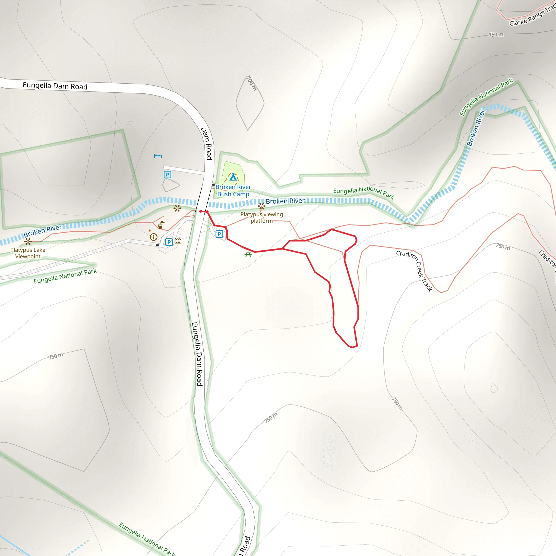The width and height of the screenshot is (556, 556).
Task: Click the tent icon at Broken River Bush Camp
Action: click(x=233, y=177)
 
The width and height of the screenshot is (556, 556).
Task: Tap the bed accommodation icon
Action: click(x=158, y=156)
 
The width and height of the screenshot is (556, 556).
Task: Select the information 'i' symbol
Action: click(x=154, y=237)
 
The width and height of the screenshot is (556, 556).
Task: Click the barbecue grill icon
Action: click(x=178, y=241)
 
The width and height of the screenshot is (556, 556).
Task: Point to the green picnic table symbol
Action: click(x=248, y=254)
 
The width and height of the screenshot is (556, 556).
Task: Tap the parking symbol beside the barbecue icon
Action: click(x=169, y=242)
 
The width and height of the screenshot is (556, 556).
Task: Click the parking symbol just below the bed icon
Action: click(x=167, y=175)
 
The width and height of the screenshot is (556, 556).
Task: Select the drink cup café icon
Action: click(x=161, y=225)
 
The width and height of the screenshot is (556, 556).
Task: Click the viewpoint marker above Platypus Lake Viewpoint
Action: click(x=28, y=241)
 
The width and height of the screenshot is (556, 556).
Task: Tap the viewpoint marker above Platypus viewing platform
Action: click(x=261, y=206)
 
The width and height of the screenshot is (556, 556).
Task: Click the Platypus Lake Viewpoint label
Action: click(x=28, y=253)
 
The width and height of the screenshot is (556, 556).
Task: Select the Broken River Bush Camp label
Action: click(x=233, y=191)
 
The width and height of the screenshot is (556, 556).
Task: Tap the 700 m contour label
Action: click(x=251, y=83)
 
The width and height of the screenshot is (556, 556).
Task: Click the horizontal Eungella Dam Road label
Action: click(x=55, y=86)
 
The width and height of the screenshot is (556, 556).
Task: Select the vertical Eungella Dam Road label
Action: click(x=197, y=354)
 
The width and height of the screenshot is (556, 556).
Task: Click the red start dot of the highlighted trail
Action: click(x=201, y=211)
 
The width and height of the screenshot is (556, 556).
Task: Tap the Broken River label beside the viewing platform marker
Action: click(x=285, y=201)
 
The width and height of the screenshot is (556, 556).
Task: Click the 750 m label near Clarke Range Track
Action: click(x=496, y=35)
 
